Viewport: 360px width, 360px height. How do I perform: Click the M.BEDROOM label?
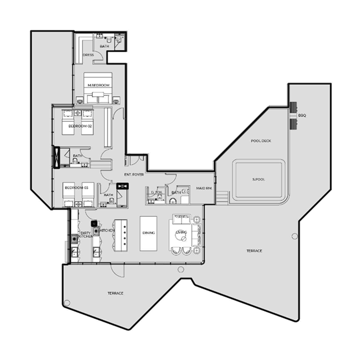click(x=99, y=85)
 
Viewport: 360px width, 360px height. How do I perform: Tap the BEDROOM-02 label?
click(x=80, y=126)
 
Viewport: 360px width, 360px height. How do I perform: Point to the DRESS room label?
click(x=88, y=55)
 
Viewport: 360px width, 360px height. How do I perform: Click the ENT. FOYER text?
click(x=134, y=174)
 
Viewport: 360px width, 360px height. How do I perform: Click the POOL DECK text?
click(x=261, y=141)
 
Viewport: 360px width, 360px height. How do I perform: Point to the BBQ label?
click(x=301, y=115)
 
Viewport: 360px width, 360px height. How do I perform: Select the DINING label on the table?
click(x=148, y=233)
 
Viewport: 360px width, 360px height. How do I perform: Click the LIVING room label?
click(x=181, y=232)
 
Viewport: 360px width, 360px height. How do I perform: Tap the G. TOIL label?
click(x=156, y=193)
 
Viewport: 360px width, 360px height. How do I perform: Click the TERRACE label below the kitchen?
click(x=116, y=293)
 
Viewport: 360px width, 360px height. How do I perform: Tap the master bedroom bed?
click(x=99, y=90)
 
